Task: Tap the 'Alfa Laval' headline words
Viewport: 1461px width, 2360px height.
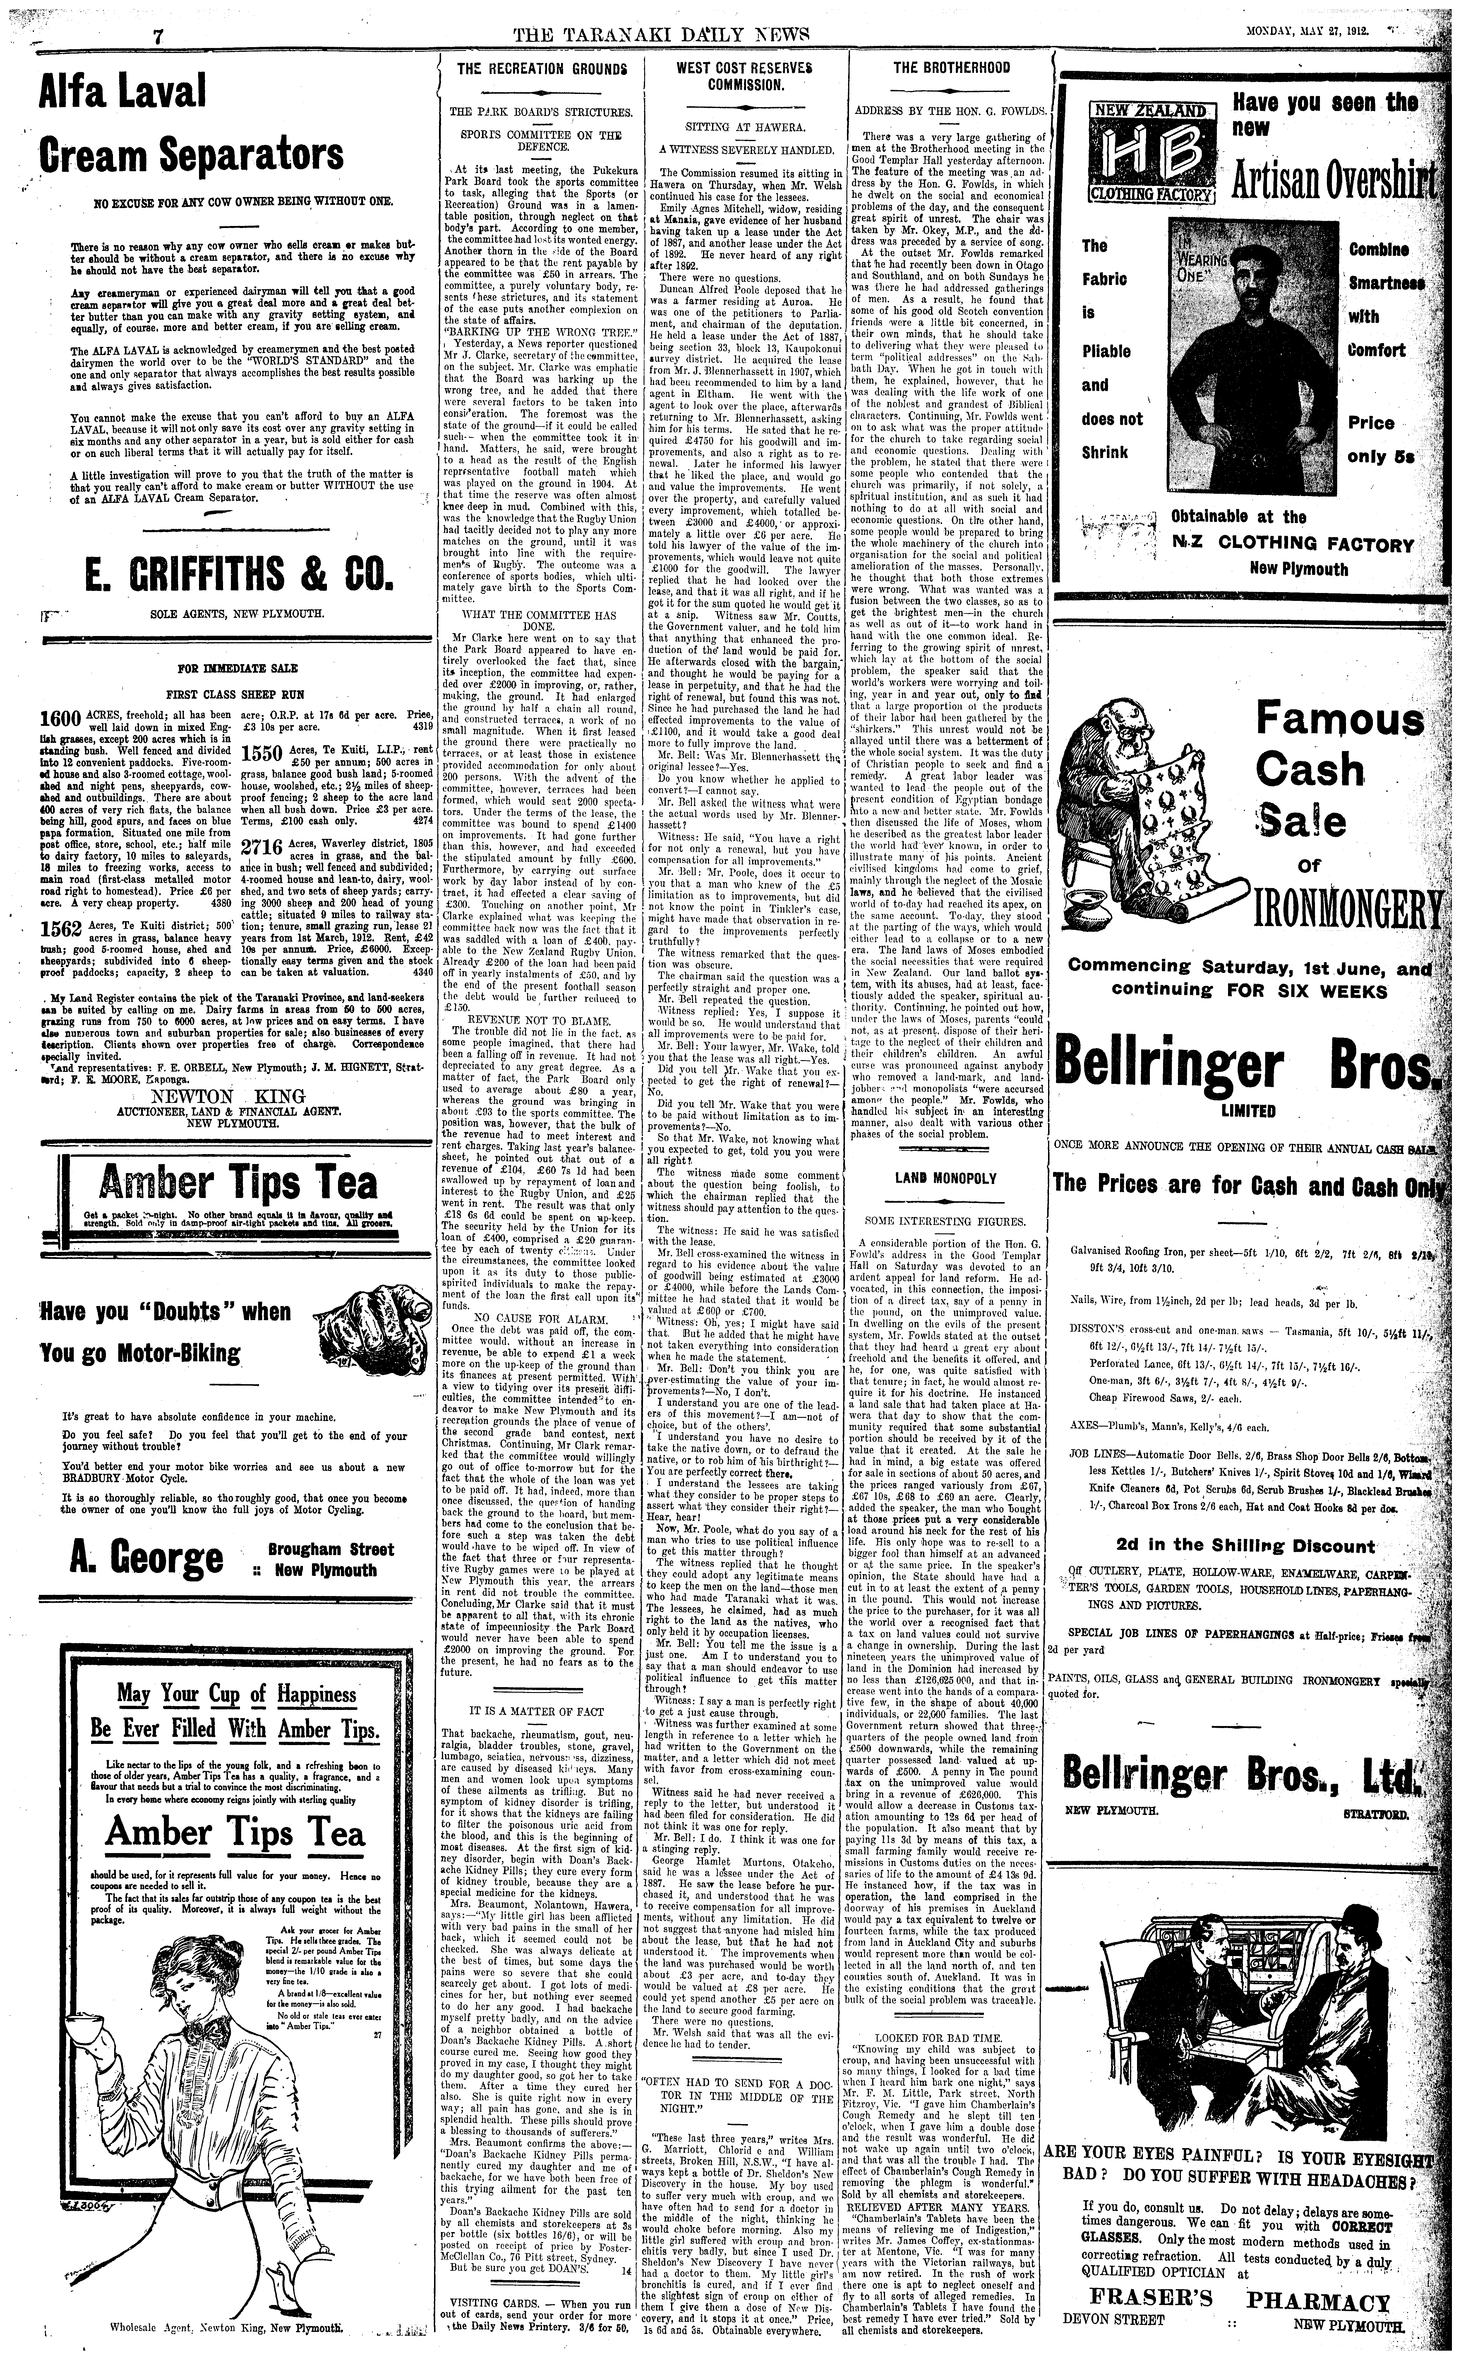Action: pyautogui.click(x=124, y=93)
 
